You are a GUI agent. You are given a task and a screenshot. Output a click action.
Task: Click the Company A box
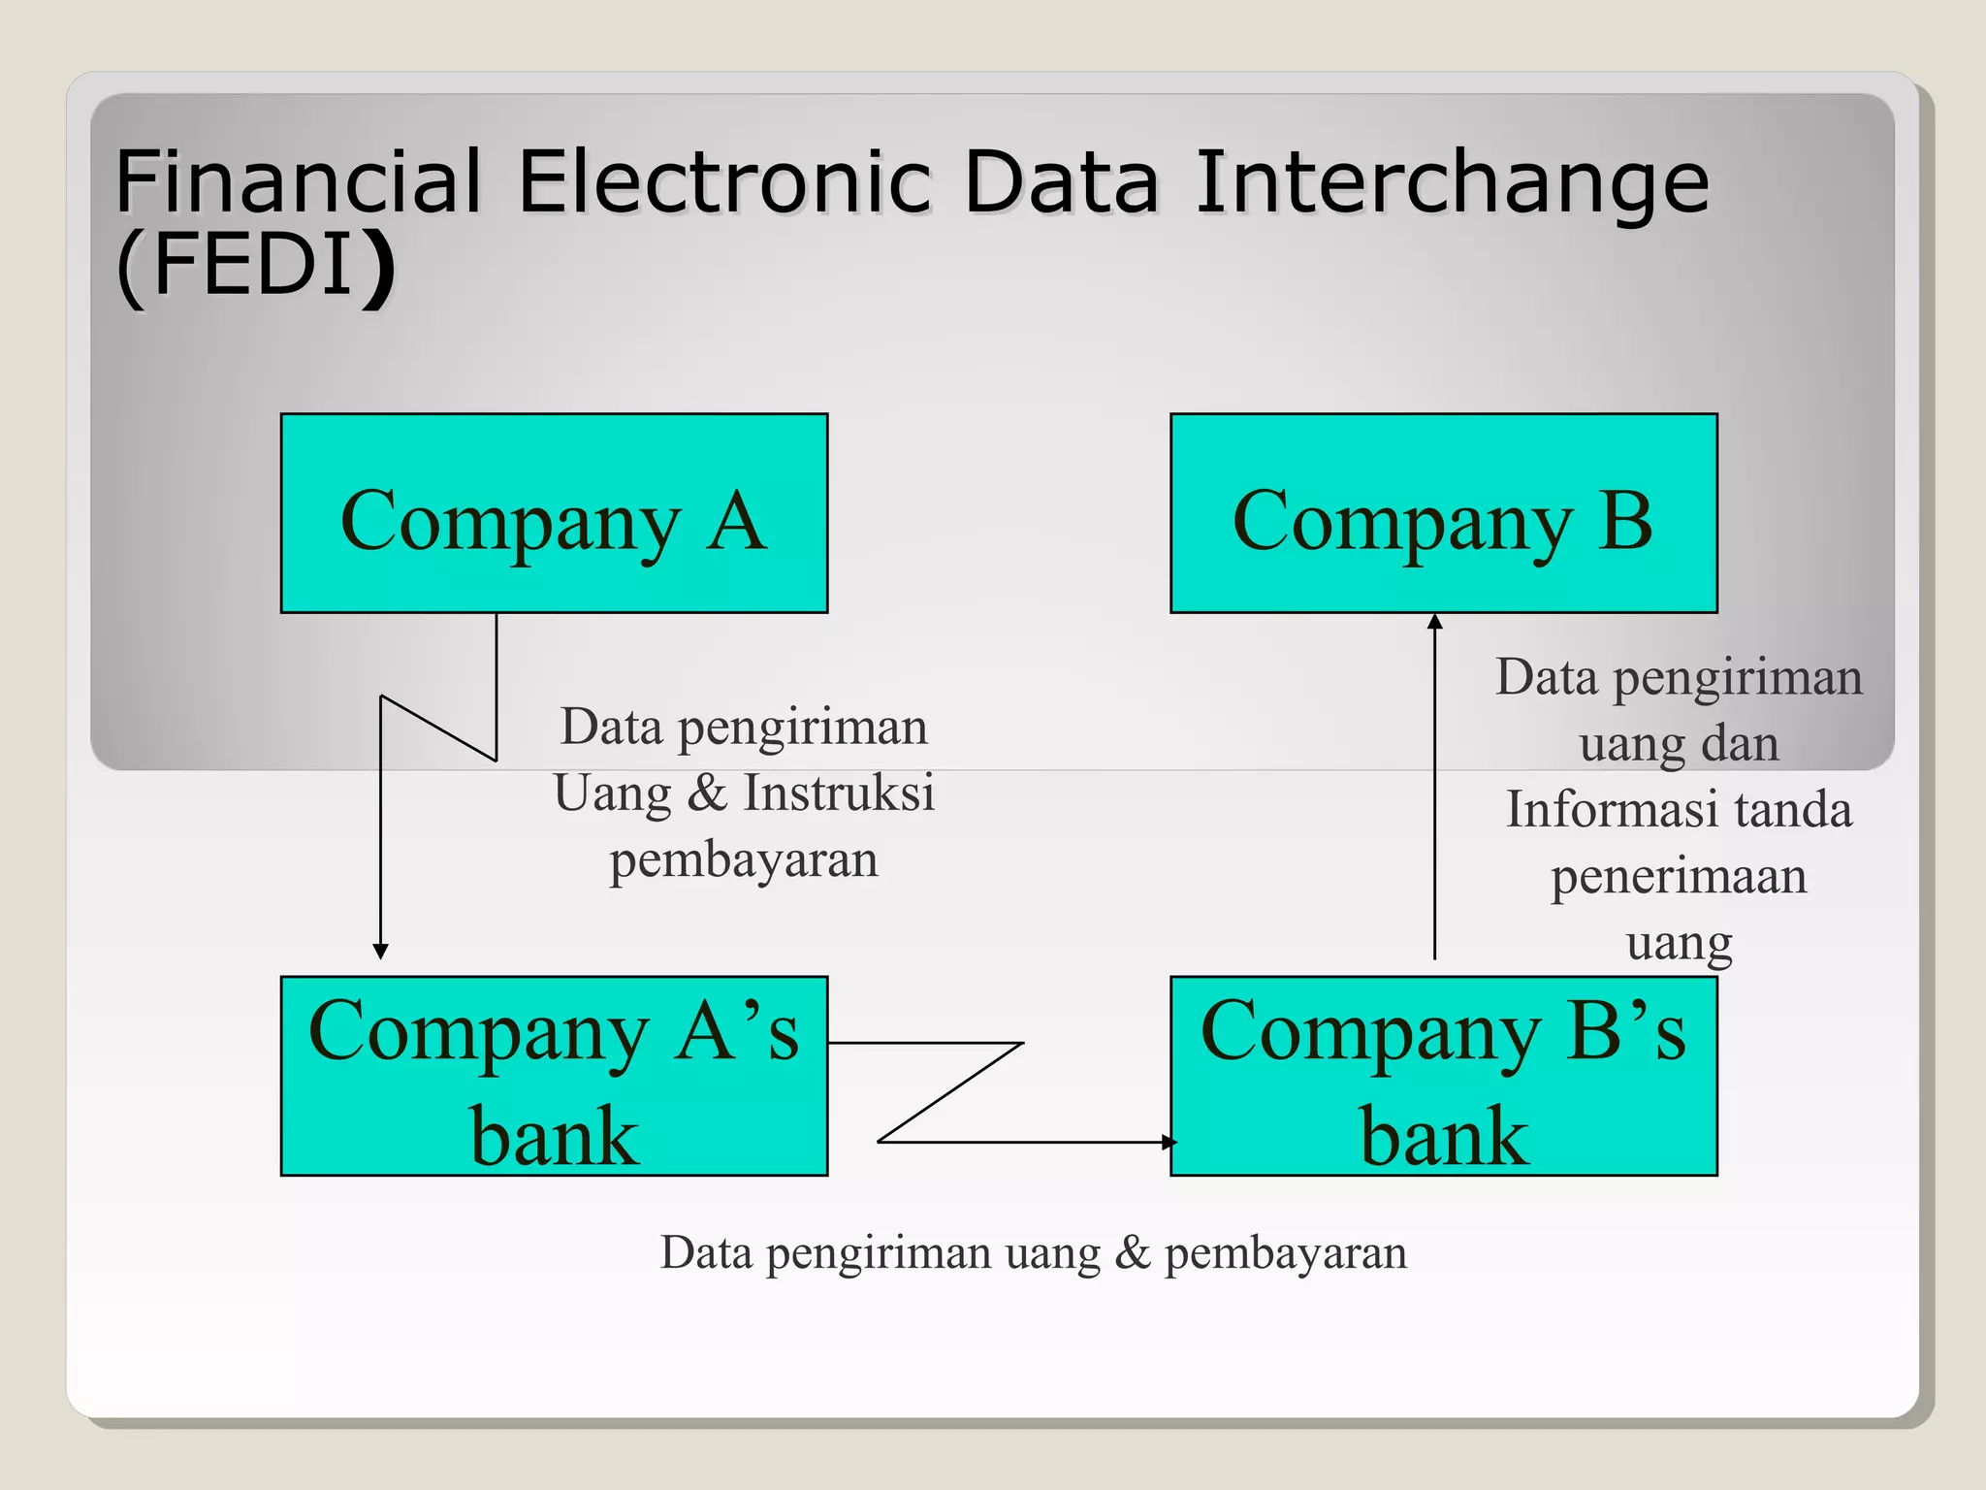554,513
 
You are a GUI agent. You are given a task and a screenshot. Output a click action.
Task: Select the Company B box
1443,513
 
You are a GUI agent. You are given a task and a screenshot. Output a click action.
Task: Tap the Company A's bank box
554,1076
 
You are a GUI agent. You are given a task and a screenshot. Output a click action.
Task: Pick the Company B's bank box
1443,1076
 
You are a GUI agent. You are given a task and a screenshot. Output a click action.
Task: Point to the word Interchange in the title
1452,184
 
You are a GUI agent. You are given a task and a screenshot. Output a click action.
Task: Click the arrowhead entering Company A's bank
381,951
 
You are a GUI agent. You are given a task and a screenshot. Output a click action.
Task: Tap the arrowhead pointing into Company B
1435,622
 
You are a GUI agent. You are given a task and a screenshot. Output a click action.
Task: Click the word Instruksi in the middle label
839,793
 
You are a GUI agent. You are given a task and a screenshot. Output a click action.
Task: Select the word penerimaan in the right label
1679,877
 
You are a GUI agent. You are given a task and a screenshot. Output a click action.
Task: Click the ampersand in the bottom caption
1132,1252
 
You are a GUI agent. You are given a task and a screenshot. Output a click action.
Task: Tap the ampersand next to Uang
707,793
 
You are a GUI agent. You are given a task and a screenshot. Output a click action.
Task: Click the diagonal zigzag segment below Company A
438,729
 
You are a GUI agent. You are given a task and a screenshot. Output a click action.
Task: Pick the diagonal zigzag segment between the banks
951,1092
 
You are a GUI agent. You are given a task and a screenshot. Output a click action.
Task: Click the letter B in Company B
1625,521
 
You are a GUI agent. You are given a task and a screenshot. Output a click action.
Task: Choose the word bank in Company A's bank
554,1136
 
